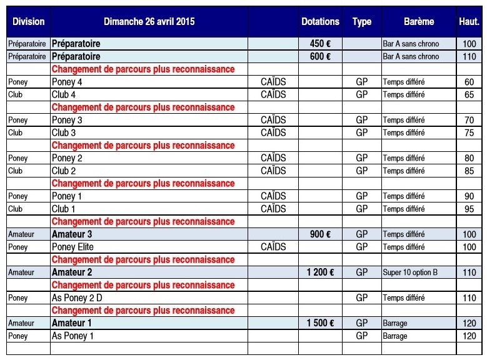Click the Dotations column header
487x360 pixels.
320,21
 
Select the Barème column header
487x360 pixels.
418,21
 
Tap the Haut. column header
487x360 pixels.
469,21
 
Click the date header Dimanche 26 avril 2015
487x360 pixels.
149,21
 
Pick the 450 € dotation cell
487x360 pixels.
320,44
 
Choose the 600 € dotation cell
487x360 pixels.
320,57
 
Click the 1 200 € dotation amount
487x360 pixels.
320,272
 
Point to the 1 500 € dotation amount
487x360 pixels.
320,323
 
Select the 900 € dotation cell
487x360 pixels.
320,234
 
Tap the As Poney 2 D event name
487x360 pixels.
77,298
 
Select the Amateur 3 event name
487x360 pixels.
72,234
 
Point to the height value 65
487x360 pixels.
469,95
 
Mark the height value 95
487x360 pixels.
469,209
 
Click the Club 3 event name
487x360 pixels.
64,132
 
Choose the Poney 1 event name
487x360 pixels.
67,196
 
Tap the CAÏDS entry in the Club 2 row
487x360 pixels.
273,171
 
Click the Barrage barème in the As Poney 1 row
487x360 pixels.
395,336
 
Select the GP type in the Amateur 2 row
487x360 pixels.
361,272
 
